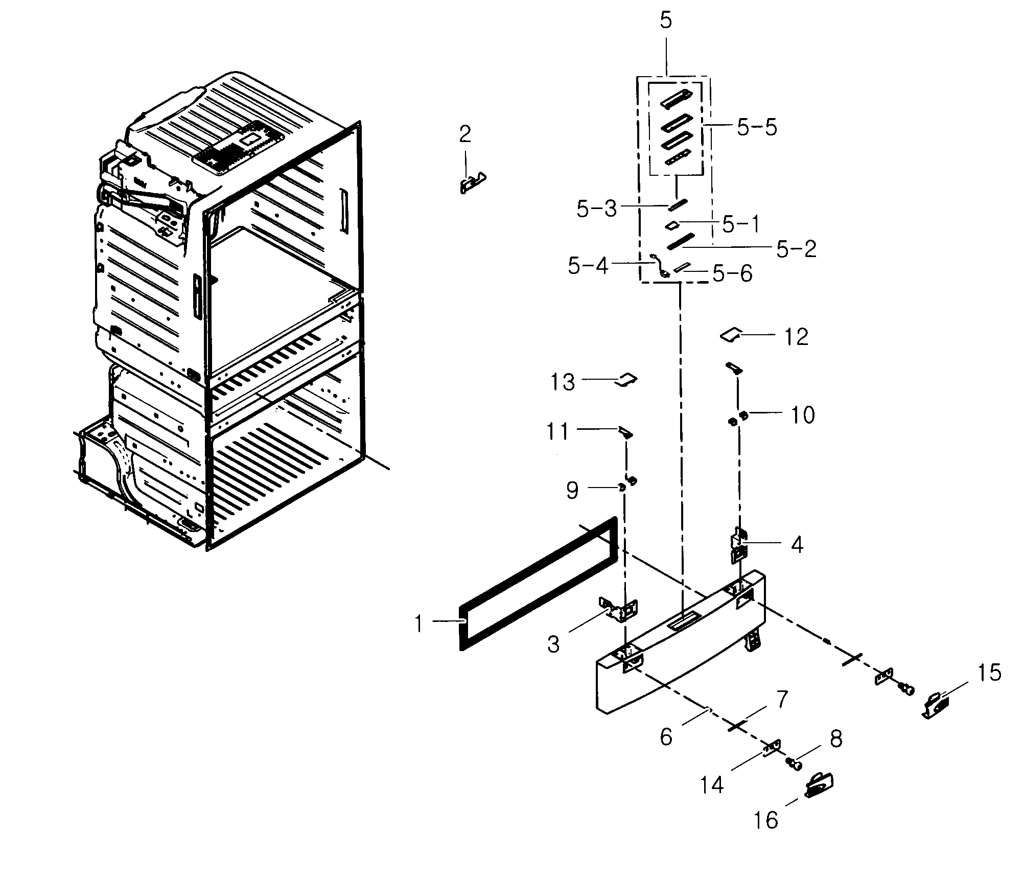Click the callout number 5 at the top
665,20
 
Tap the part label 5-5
757,127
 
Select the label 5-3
597,209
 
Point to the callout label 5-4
588,265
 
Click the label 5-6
733,274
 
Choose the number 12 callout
796,337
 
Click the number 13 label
563,382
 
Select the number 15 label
989,673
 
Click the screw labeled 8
795,765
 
